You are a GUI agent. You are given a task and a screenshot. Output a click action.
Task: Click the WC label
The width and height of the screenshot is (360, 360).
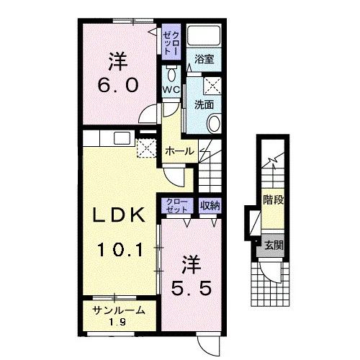[171, 90]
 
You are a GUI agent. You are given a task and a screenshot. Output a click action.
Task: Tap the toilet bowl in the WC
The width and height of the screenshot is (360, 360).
[171, 74]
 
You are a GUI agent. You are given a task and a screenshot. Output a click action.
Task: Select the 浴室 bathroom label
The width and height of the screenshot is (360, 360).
[204, 59]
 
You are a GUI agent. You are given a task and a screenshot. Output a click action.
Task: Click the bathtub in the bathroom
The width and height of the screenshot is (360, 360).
[204, 35]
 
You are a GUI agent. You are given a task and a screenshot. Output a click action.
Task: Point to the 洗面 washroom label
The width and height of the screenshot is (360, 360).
[204, 104]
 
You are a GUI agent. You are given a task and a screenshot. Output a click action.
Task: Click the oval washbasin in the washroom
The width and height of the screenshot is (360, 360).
[214, 124]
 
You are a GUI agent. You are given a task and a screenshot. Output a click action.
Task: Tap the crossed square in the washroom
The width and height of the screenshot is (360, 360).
[212, 86]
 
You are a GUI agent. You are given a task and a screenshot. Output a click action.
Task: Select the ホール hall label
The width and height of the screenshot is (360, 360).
[179, 151]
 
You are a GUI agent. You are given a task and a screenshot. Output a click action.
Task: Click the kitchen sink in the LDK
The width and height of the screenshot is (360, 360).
[122, 138]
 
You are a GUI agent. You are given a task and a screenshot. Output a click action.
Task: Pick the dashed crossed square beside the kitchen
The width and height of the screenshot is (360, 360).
[146, 148]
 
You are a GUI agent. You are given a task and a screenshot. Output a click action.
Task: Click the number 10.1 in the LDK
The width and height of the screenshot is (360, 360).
[120, 250]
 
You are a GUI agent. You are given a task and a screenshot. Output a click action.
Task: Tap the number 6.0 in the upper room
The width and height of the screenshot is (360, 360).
[118, 85]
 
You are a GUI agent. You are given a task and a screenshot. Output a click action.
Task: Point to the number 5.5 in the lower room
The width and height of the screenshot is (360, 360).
[192, 288]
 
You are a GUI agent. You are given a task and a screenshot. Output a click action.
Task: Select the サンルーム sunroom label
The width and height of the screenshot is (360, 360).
[119, 310]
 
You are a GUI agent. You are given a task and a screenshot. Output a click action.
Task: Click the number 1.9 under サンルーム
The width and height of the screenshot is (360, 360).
[117, 322]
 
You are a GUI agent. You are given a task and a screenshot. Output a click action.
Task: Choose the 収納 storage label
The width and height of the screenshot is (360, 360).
[210, 205]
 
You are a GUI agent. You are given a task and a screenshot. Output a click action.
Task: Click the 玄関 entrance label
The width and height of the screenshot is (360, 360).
[274, 246]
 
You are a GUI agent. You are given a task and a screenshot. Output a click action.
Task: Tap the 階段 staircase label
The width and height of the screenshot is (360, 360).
[274, 199]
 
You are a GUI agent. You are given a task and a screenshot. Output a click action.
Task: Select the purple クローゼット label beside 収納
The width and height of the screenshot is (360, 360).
[177, 205]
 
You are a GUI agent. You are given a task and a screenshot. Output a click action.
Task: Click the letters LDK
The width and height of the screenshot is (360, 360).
[120, 215]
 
